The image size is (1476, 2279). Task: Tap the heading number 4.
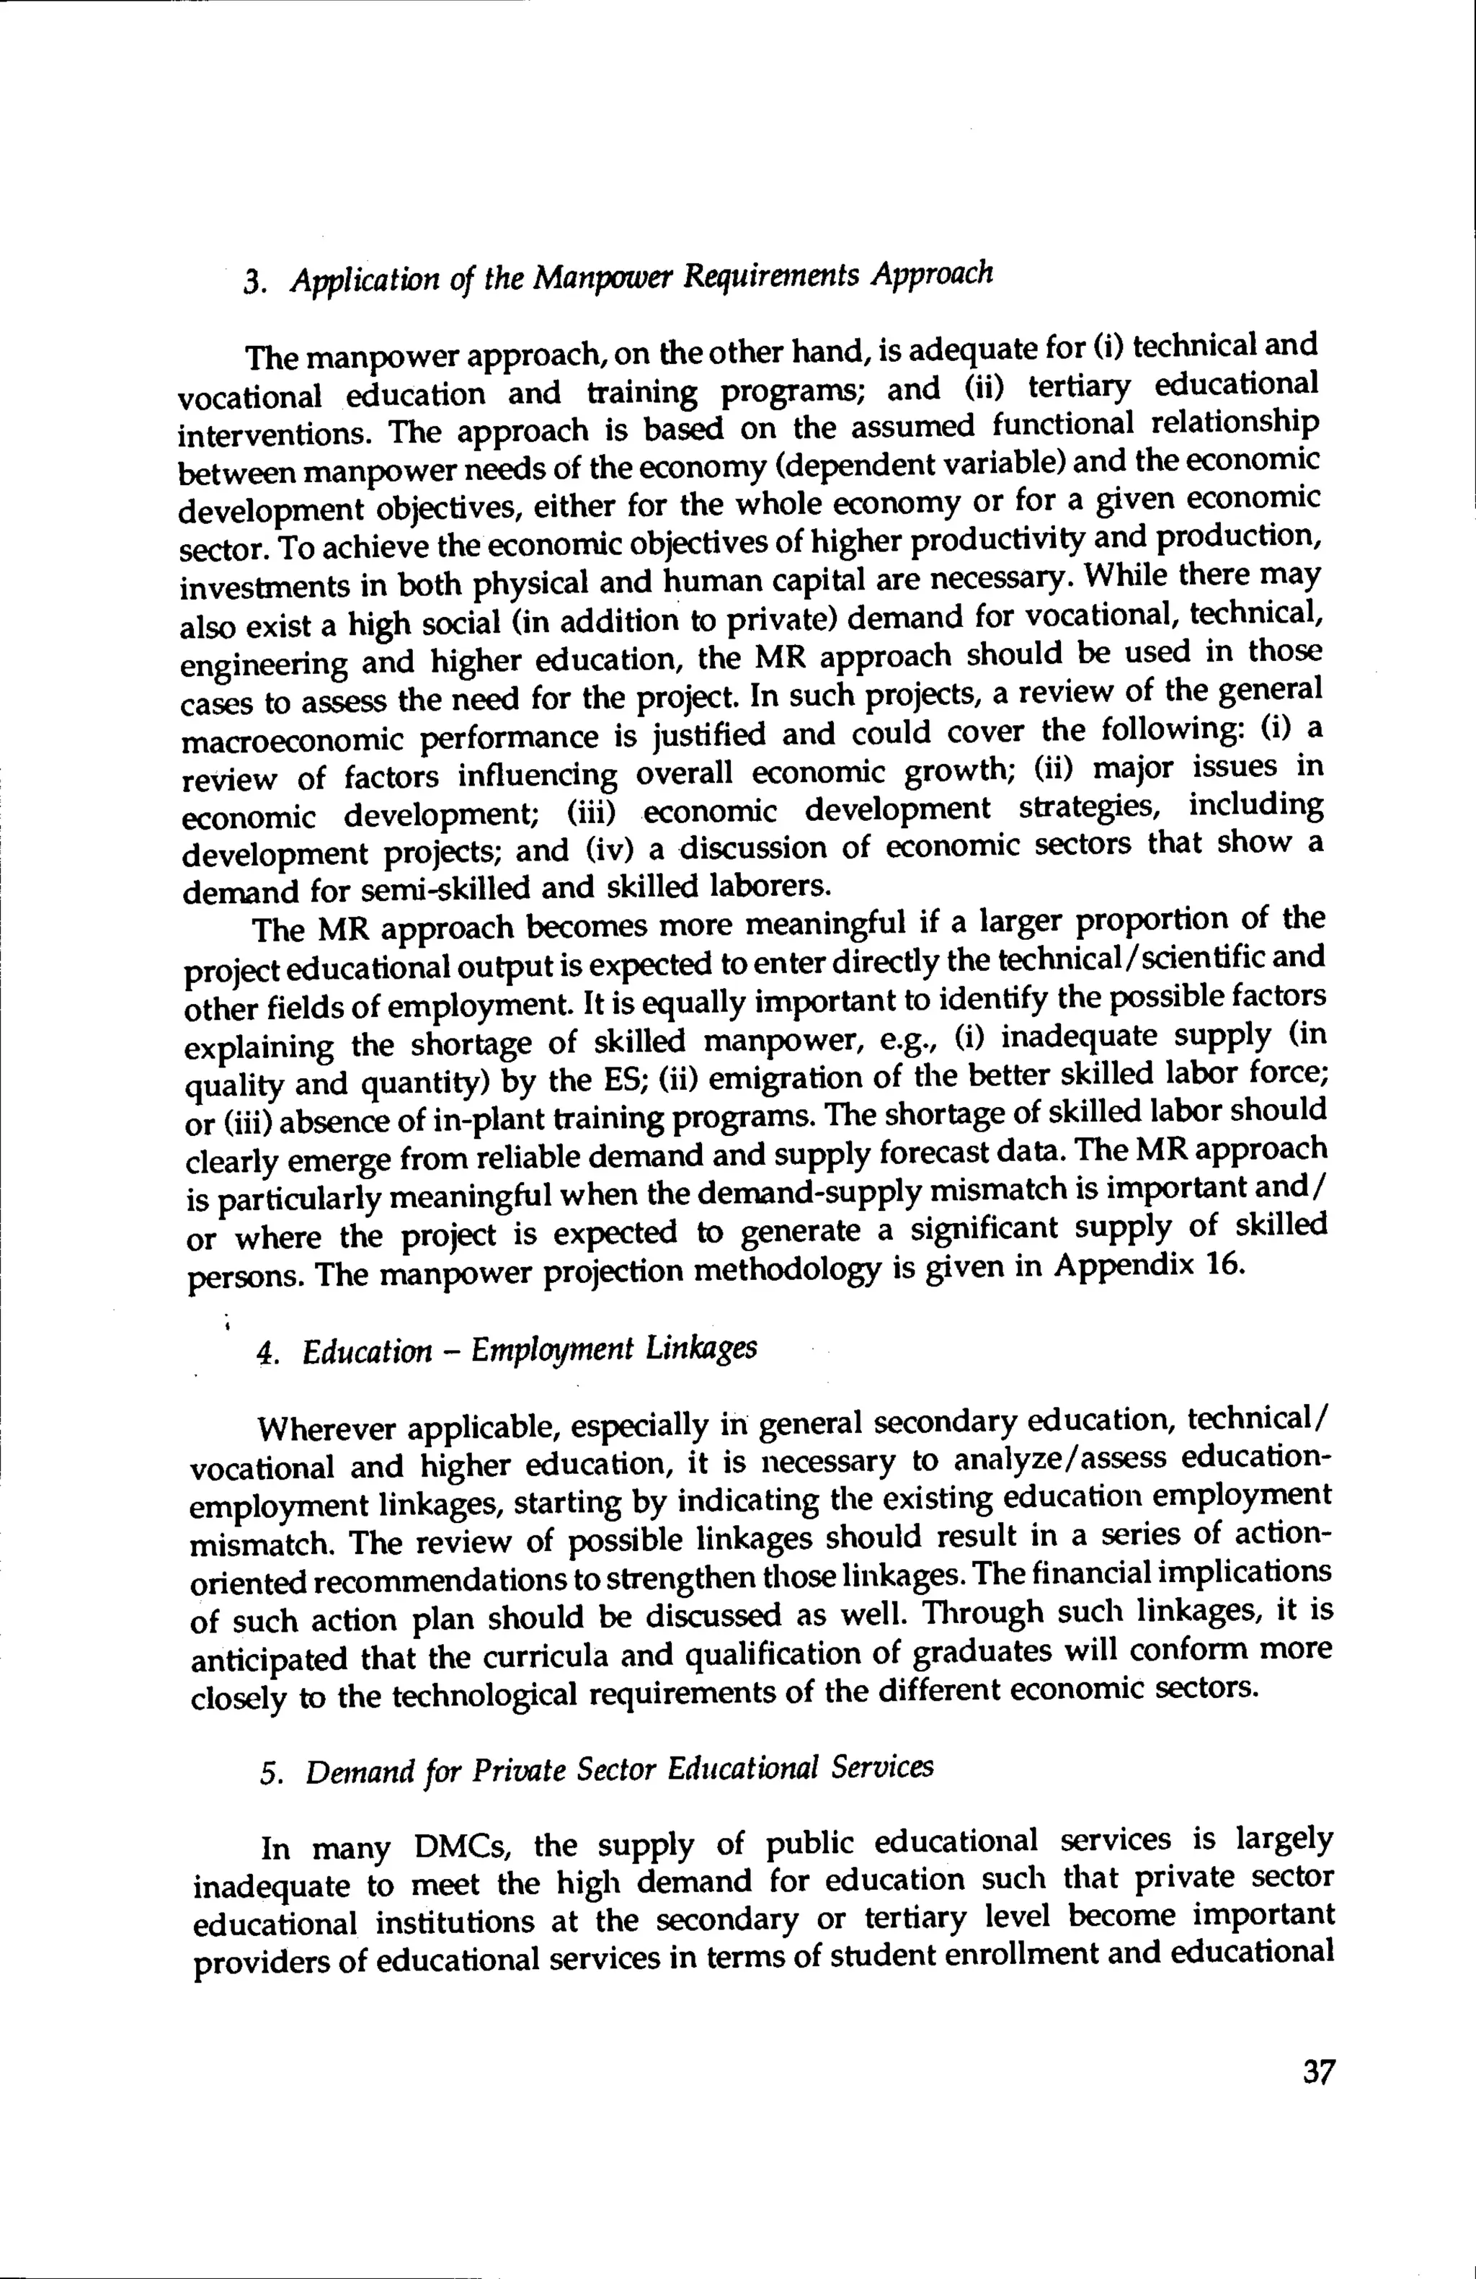click(x=267, y=1354)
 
